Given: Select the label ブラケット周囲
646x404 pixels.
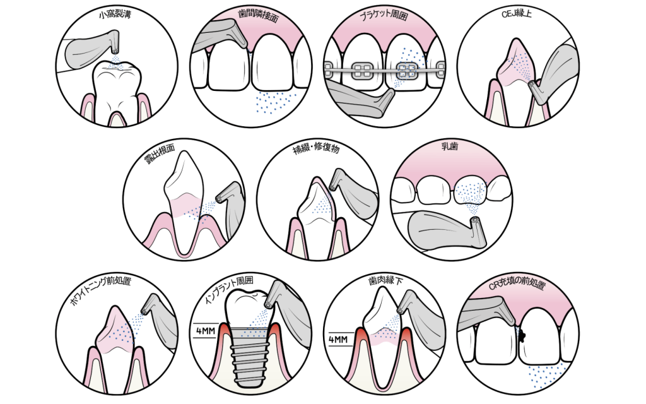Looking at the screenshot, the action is click(384, 15).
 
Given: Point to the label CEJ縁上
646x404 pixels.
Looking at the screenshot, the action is click(517, 14).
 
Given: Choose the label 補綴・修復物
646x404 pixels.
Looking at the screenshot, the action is click(316, 146).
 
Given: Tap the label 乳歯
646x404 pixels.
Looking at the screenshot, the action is click(450, 146).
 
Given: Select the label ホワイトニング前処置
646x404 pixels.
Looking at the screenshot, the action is click(101, 290).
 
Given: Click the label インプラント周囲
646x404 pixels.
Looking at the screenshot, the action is click(229, 288).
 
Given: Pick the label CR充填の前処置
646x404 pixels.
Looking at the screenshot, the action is click(517, 283).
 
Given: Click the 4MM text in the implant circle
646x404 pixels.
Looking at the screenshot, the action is click(205, 331).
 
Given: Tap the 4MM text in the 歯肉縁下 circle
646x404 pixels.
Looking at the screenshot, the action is click(338, 340).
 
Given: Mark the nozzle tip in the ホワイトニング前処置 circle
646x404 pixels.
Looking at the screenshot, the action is click(144, 311).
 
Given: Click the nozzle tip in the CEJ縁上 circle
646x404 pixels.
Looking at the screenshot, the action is click(531, 84).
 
